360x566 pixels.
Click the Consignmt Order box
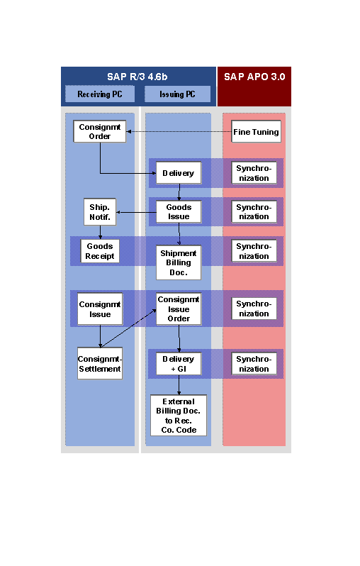click(99, 131)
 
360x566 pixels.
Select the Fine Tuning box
click(256, 131)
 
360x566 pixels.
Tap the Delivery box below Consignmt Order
click(179, 173)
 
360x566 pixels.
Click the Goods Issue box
click(179, 212)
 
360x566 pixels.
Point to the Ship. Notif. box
click(100, 212)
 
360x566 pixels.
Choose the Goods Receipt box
click(100, 251)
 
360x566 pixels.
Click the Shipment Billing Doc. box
click(179, 262)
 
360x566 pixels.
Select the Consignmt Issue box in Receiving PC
click(100, 309)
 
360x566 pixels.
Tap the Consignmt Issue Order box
click(179, 309)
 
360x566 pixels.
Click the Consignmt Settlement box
click(100, 363)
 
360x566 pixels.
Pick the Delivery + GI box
click(179, 364)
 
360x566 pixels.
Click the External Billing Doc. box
click(179, 416)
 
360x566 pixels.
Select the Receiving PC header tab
click(100, 94)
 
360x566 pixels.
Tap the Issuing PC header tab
click(177, 94)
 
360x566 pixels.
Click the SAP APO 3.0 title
click(254, 77)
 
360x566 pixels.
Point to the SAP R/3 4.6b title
click(137, 77)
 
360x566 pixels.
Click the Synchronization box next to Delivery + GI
click(254, 364)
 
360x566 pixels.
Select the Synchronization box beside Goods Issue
click(254, 212)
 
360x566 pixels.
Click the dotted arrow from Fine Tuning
click(179, 131)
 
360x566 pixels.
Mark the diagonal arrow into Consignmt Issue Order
click(129, 328)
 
